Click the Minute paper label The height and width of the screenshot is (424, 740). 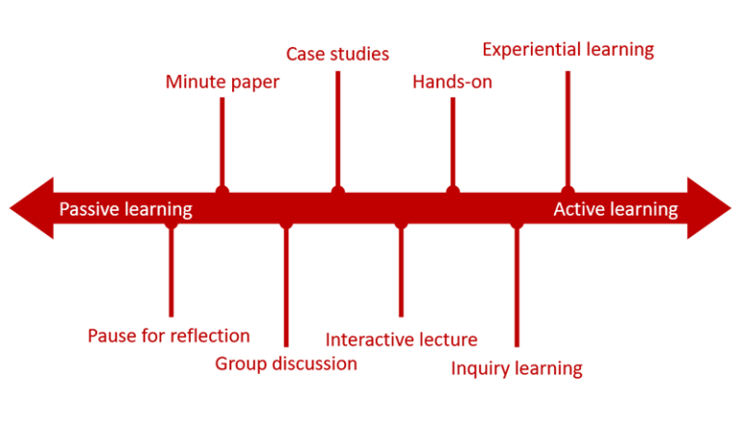tap(222, 82)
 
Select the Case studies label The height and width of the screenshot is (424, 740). tap(337, 53)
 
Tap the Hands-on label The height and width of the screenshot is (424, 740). tap(452, 82)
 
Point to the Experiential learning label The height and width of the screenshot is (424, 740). tap(568, 49)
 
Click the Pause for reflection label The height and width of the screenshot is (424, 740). tap(169, 335)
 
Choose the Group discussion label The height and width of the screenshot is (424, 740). tap(285, 363)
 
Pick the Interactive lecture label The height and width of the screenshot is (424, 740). tap(401, 339)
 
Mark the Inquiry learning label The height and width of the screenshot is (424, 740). tap(516, 368)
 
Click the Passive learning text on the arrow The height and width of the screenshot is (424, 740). tap(125, 209)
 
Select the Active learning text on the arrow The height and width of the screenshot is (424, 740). tap(616, 209)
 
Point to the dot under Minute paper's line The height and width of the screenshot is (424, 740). tap(223, 191)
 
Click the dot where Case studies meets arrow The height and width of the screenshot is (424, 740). tap(337, 191)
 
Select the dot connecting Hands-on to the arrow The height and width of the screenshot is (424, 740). tap(452, 191)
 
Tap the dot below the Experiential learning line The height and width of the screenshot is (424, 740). tap(568, 191)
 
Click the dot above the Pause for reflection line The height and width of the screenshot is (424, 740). tap(171, 225)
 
